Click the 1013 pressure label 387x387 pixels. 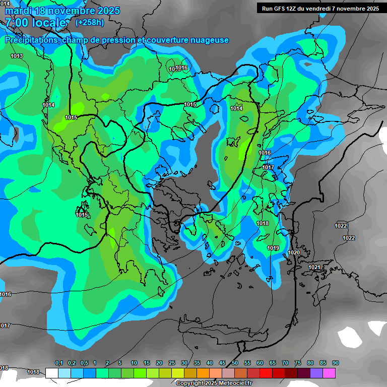17,56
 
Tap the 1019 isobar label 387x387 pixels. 273,248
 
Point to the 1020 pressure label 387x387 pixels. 294,252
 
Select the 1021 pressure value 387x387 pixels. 314,267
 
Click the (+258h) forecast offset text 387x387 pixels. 90,22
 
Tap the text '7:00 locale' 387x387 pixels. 35,23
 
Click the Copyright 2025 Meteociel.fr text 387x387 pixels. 214,383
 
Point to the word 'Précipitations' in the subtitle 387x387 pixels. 30,40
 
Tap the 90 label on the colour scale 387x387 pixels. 336,363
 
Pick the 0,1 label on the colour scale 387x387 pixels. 58,363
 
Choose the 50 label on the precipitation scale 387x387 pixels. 235,363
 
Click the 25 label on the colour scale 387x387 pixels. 172,363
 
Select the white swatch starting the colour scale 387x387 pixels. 51,373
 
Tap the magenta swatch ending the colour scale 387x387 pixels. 329,373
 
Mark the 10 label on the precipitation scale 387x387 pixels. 134,363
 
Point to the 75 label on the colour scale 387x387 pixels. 298,363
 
